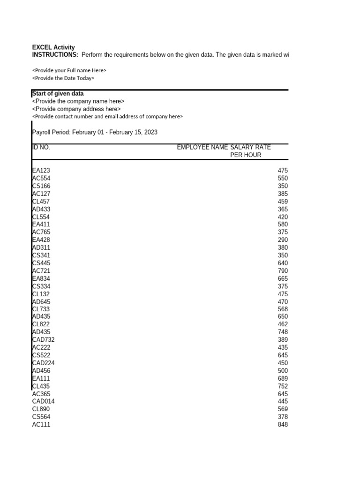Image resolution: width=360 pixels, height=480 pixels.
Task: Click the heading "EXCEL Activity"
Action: click(x=53, y=47)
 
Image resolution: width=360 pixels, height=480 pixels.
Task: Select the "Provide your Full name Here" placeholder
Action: click(x=69, y=70)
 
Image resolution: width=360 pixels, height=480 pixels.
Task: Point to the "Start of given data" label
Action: click(x=58, y=94)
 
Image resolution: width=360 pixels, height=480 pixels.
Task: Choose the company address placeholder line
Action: click(x=76, y=109)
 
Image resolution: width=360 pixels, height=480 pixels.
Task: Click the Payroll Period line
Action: click(x=95, y=132)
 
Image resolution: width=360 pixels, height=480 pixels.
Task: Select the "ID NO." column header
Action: click(x=41, y=147)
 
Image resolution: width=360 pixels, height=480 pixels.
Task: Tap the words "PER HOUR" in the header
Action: click(x=246, y=155)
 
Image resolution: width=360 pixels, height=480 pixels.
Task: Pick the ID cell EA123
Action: click(x=41, y=171)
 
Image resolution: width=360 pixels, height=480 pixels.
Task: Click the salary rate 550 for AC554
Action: click(x=283, y=179)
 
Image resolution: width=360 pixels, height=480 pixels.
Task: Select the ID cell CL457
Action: click(x=41, y=202)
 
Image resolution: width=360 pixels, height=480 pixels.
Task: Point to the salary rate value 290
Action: click(x=283, y=240)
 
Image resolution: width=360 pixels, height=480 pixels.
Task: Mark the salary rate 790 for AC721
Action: click(x=283, y=271)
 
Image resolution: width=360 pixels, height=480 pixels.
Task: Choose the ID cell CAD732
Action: click(x=44, y=340)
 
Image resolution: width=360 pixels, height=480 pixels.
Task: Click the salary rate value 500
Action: click(x=283, y=371)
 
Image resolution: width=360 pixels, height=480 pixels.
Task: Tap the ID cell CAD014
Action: click(x=44, y=401)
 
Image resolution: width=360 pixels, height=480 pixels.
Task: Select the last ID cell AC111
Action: click(x=41, y=425)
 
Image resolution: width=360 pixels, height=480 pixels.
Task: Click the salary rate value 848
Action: click(x=283, y=425)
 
